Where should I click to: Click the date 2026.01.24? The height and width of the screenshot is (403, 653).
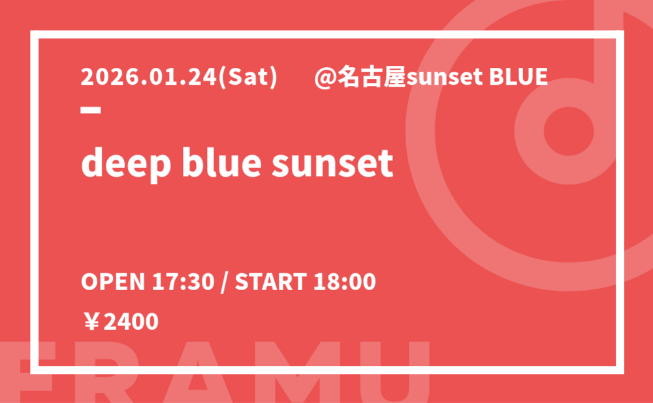[149, 77]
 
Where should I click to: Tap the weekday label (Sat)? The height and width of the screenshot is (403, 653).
[247, 78]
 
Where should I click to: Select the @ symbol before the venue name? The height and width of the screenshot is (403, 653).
[325, 78]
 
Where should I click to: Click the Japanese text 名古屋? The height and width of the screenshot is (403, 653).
[372, 78]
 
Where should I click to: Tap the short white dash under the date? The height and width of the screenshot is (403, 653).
[91, 110]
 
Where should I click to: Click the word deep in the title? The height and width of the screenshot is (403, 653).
[126, 162]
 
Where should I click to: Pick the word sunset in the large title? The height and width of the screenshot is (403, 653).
[332, 162]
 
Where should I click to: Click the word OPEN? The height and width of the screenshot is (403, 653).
[113, 282]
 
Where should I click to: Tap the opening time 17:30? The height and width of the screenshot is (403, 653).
[183, 282]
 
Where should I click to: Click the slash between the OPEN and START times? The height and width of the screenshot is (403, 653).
[225, 282]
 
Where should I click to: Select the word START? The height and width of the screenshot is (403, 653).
[271, 282]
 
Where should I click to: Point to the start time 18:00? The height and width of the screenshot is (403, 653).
[344, 282]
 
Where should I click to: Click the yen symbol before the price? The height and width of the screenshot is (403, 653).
[91, 321]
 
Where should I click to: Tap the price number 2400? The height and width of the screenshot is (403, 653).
[131, 321]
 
